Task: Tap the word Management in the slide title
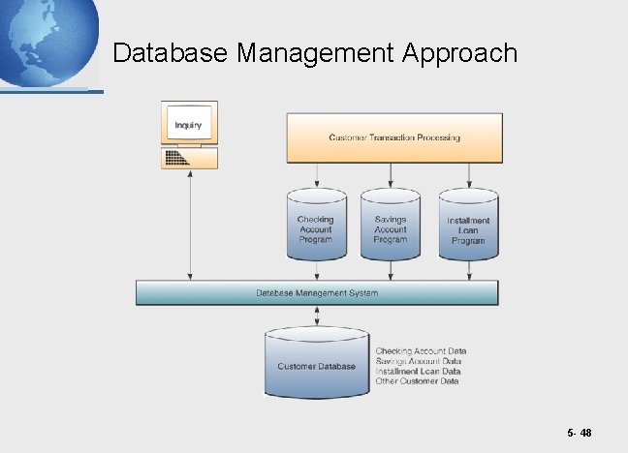click(313, 52)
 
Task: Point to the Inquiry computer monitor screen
click(188, 125)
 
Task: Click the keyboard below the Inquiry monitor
click(188, 158)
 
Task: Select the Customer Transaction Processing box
click(394, 137)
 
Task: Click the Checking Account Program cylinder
click(316, 228)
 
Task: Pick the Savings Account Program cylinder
click(391, 228)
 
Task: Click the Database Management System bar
click(317, 292)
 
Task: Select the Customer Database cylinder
click(317, 365)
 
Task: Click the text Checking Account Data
click(421, 350)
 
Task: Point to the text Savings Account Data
click(419, 361)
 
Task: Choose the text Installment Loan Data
click(418, 371)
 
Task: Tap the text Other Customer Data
click(417, 381)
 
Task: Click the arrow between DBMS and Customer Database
click(317, 316)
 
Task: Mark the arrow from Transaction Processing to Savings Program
click(391, 175)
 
